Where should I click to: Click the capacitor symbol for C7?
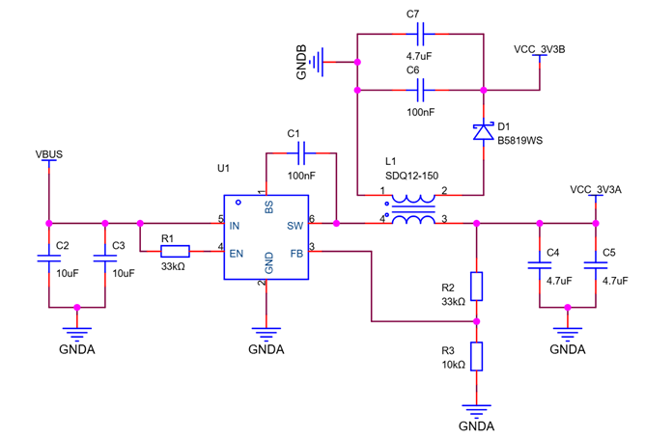tap(420, 34)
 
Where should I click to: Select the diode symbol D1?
tap(484, 132)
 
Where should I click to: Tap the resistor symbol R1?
tap(175, 251)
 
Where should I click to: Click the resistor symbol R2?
tap(476, 286)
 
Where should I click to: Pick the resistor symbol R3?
tap(476, 356)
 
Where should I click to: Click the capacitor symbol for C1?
tap(301, 153)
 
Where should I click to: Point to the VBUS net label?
tap(49, 154)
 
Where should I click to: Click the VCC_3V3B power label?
tap(540, 50)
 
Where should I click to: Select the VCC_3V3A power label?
tap(596, 190)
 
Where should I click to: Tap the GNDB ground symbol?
tap(317, 62)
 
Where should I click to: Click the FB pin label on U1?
tap(296, 254)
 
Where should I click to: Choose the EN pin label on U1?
tap(237, 254)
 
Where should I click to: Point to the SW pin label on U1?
tap(294, 226)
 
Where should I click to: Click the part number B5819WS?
tap(519, 141)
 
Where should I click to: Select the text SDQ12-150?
tap(411, 176)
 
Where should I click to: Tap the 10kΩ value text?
tap(453, 365)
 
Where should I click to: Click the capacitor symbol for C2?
tap(49, 258)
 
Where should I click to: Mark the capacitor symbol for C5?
tap(596, 265)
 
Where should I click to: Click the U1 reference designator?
tap(223, 168)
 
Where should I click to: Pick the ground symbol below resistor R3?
tap(476, 411)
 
